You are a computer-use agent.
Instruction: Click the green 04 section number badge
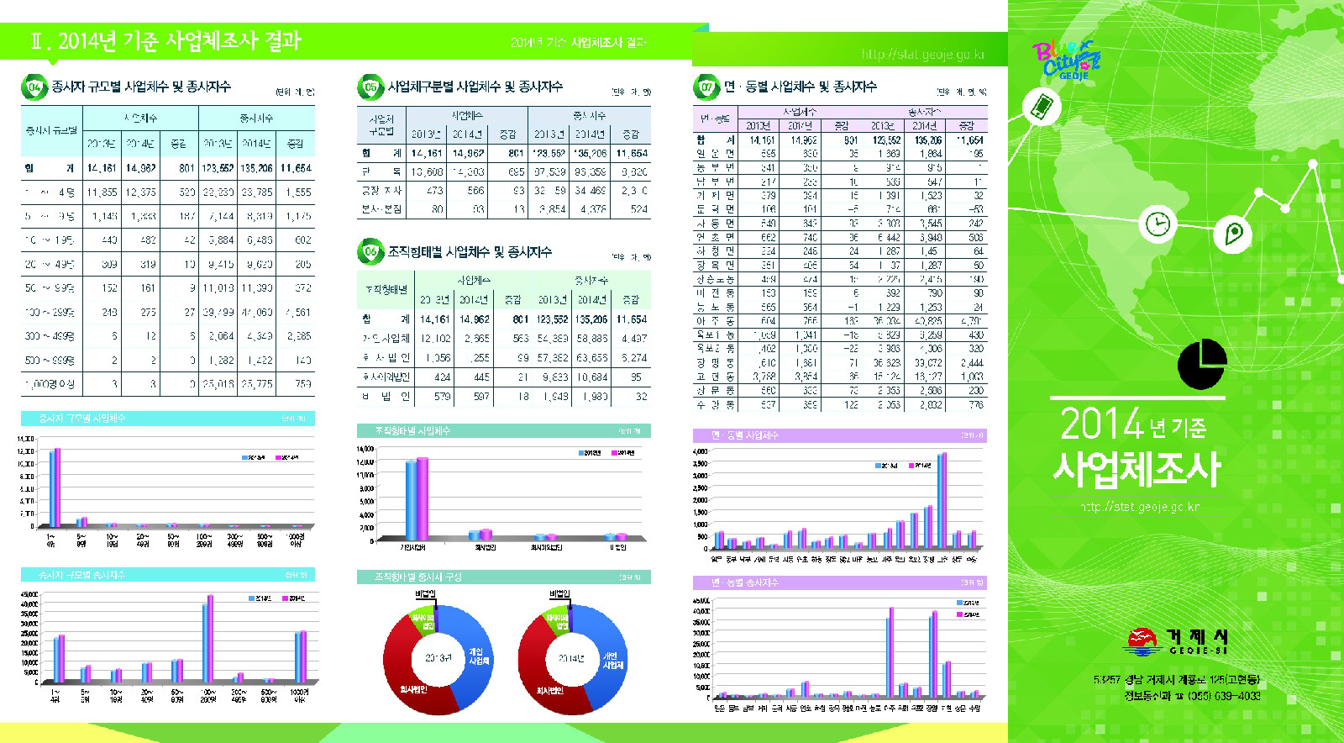[34, 87]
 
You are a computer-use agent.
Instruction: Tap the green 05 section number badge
[370, 87]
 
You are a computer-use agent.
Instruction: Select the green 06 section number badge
[370, 251]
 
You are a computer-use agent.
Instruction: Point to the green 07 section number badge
[706, 87]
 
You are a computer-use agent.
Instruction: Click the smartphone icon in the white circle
[1041, 108]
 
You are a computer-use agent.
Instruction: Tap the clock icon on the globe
[1158, 224]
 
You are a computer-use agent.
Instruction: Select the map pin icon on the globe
[1233, 233]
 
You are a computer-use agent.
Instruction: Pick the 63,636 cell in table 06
[591, 358]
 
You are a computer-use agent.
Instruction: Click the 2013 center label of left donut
[438, 658]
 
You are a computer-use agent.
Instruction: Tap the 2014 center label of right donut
[571, 658]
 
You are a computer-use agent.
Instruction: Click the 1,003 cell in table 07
[971, 377]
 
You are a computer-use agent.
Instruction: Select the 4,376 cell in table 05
[591, 209]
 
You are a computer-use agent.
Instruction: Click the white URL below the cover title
[1140, 507]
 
